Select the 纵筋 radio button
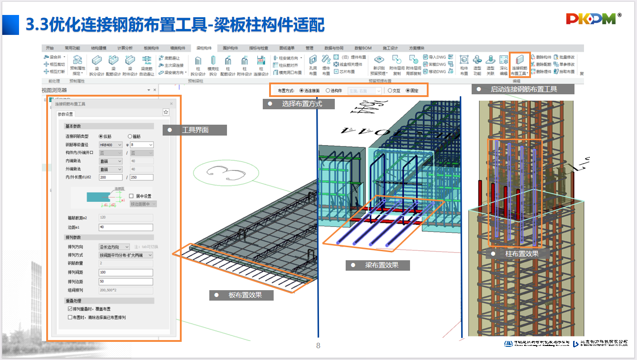pos(101,136)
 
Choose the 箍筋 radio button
pos(130,136)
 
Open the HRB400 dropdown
pos(111,145)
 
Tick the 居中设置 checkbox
pos(131,196)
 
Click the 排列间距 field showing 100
pos(125,272)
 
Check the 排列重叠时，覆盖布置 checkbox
pos(70,309)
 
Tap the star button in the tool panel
pos(166,112)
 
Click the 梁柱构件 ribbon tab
pos(204,48)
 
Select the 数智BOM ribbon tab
pos(363,48)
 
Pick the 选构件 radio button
pos(328,91)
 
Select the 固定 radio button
pos(408,91)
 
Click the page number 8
pos(318,346)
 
